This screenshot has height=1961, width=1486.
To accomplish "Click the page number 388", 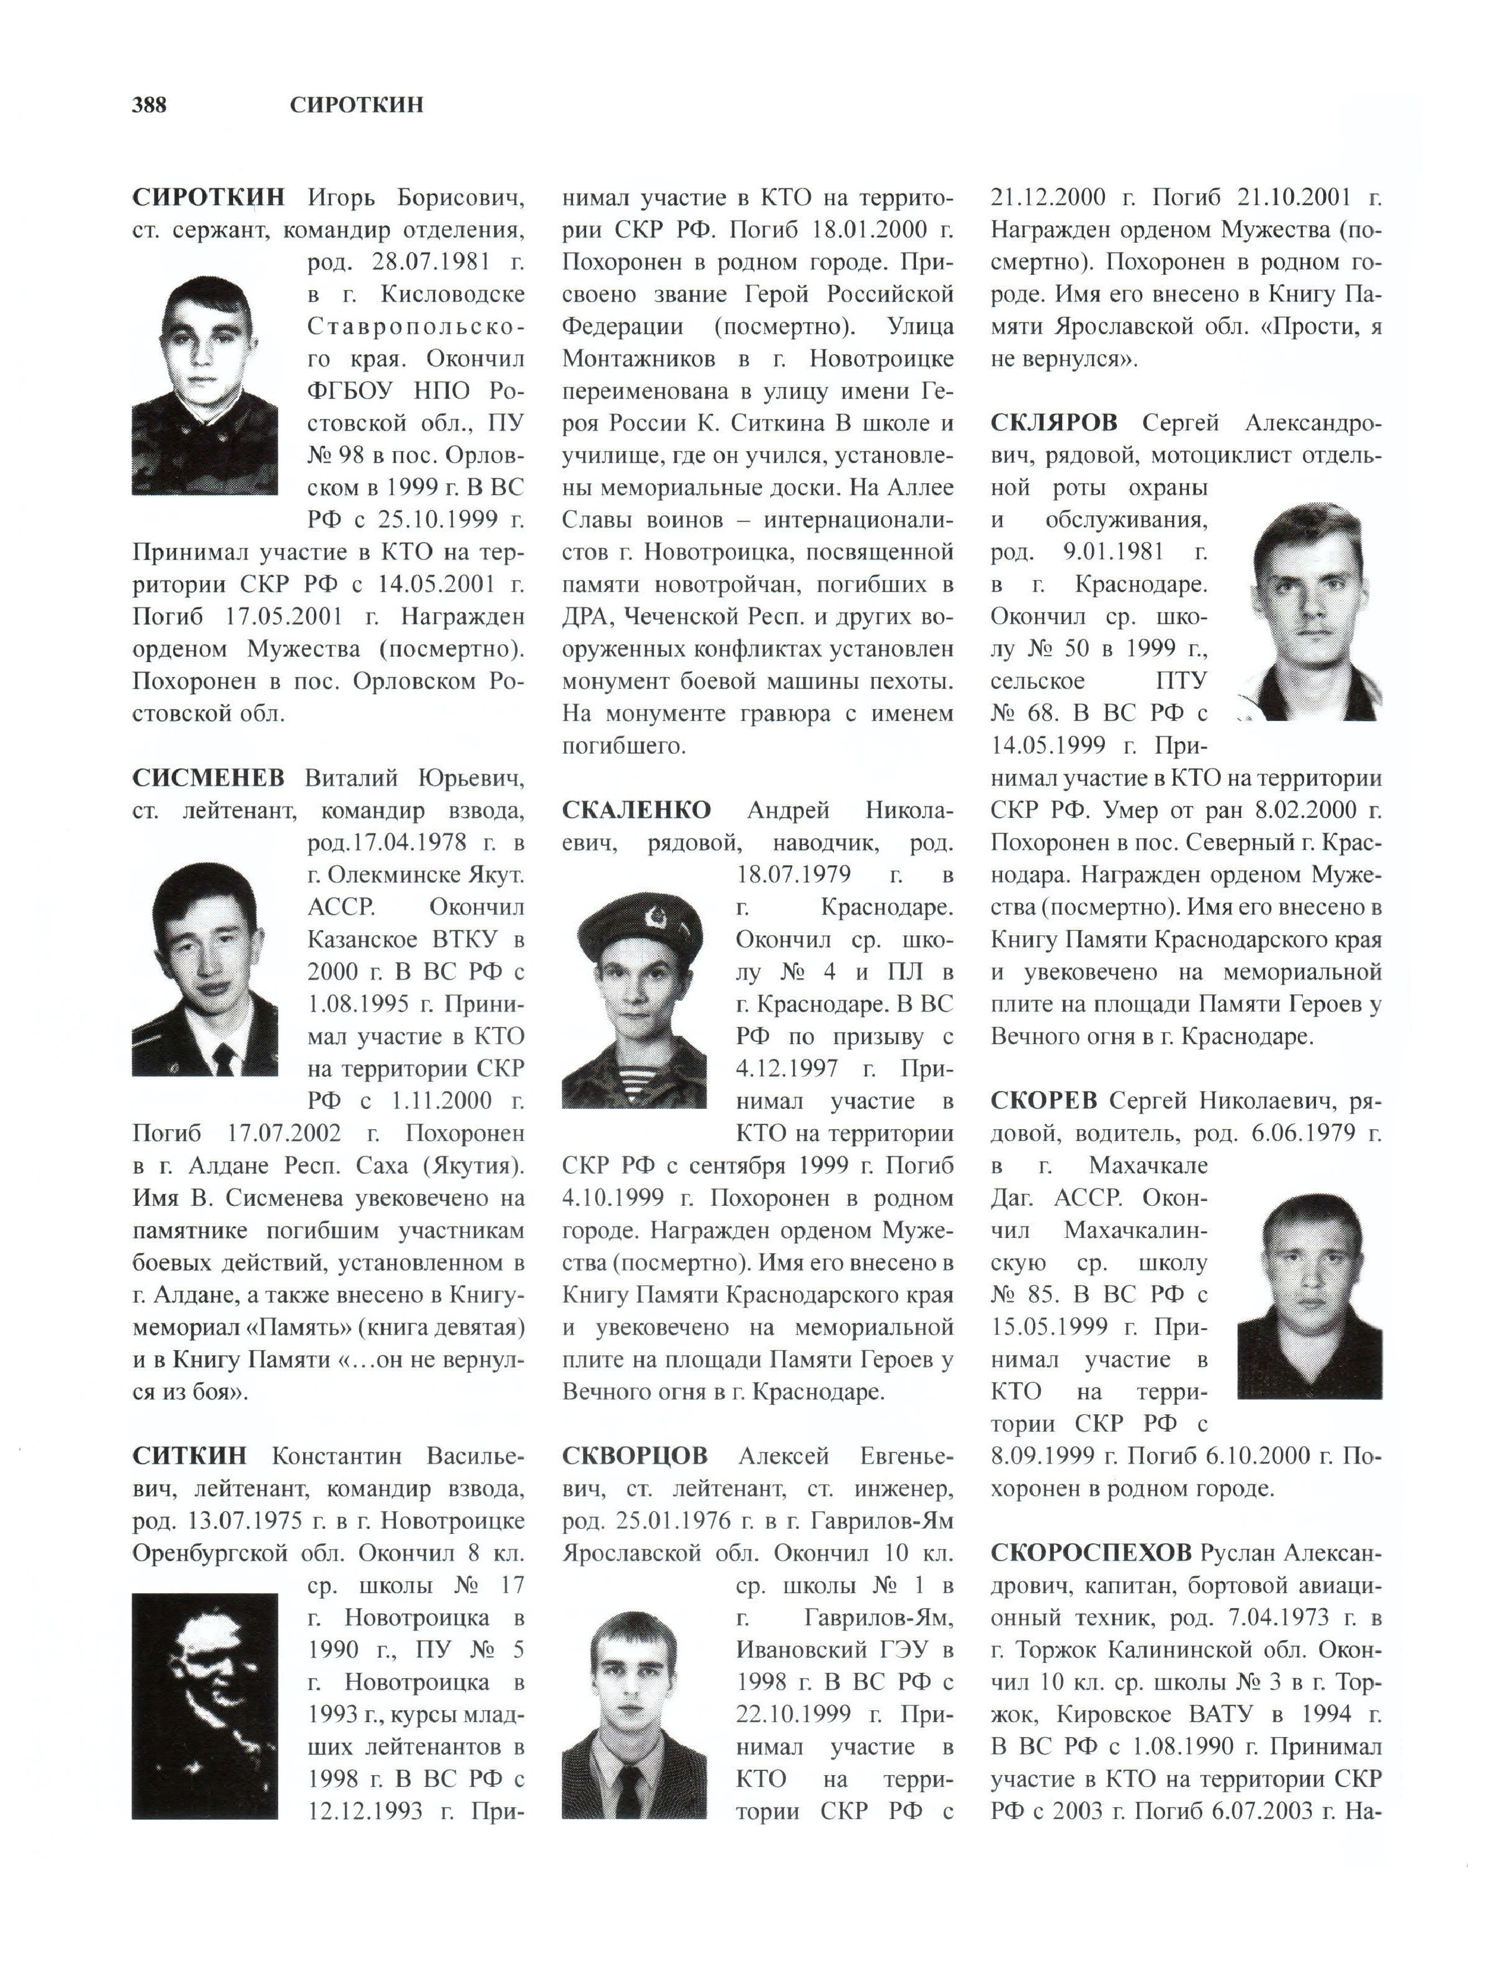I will pyautogui.click(x=149, y=106).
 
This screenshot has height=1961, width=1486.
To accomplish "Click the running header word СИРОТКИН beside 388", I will pyautogui.click(x=357, y=106).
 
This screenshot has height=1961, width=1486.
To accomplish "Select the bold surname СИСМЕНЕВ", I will pyautogui.click(x=209, y=778).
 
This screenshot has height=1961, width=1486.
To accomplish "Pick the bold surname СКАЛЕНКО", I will pyautogui.click(x=636, y=811).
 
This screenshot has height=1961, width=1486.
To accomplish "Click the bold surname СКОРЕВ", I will pyautogui.click(x=1044, y=1101).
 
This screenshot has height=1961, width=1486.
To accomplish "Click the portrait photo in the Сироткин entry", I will pyautogui.click(x=205, y=384).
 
